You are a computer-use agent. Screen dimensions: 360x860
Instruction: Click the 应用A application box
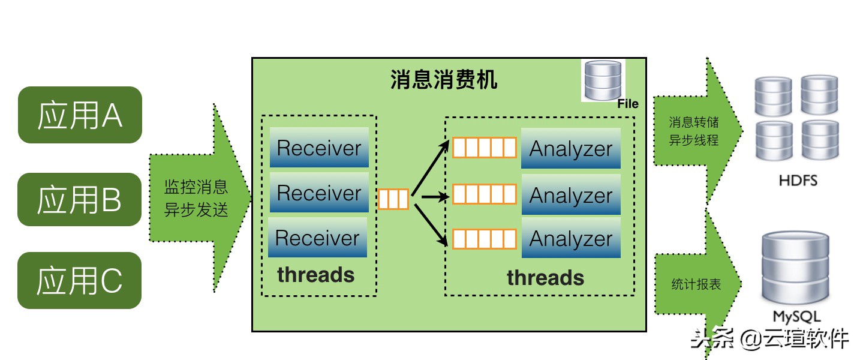click(80, 115)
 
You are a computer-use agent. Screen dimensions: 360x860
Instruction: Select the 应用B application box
click(80, 199)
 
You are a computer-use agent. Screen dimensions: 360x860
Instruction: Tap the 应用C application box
click(80, 280)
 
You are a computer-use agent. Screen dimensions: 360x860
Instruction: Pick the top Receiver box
click(319, 148)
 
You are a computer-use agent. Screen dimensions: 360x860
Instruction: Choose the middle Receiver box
click(319, 193)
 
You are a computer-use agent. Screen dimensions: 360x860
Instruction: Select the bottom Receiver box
click(317, 238)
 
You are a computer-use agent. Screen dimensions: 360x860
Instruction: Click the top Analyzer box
click(570, 148)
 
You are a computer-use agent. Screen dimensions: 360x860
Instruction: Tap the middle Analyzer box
click(570, 195)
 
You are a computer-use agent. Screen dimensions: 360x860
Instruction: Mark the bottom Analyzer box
click(570, 238)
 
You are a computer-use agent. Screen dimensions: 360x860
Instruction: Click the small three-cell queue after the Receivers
click(393, 199)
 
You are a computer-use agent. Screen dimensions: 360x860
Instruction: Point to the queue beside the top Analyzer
click(484, 148)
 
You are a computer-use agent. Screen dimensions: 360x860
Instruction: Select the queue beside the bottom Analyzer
click(484, 239)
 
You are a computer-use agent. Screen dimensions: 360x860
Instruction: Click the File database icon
click(603, 80)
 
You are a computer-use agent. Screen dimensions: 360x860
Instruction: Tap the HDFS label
click(798, 180)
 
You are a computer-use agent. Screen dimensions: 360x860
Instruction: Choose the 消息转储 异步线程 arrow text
click(693, 131)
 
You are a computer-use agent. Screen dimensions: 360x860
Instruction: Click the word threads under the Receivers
click(315, 275)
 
